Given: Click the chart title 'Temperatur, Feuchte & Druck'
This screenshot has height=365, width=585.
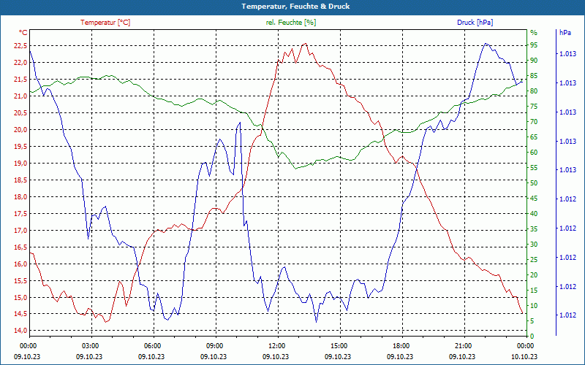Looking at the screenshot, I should coord(292,6).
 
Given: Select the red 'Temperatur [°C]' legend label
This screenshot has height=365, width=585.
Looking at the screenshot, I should coord(105,23).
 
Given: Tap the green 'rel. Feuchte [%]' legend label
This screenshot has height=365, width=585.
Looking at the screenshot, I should coord(291,23).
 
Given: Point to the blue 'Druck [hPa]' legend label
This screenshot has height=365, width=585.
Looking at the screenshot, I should coord(475,23).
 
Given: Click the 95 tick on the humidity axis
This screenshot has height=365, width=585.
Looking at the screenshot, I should coord(534,45).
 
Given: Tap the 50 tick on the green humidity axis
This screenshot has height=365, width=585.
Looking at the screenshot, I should coord(534,183).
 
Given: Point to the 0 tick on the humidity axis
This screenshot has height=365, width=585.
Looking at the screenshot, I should coord(532,336).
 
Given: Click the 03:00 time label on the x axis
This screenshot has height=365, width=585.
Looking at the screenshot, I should coord(91,345).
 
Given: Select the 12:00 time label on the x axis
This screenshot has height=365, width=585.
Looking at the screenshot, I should coord(277,345).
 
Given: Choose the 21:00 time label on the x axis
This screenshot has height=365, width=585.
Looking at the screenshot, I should coord(464,345).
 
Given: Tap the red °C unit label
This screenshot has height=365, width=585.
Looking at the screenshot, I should coord(23,32).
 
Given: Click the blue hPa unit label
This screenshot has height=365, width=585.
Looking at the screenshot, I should coord(565,32).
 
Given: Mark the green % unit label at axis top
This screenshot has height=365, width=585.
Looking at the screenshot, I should coord(533,32).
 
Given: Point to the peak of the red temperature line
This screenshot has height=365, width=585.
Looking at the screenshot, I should coord(305,44).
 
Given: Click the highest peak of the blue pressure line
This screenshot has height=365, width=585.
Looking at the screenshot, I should coord(486,44).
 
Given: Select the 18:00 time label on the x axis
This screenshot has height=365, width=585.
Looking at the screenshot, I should coord(401,345).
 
